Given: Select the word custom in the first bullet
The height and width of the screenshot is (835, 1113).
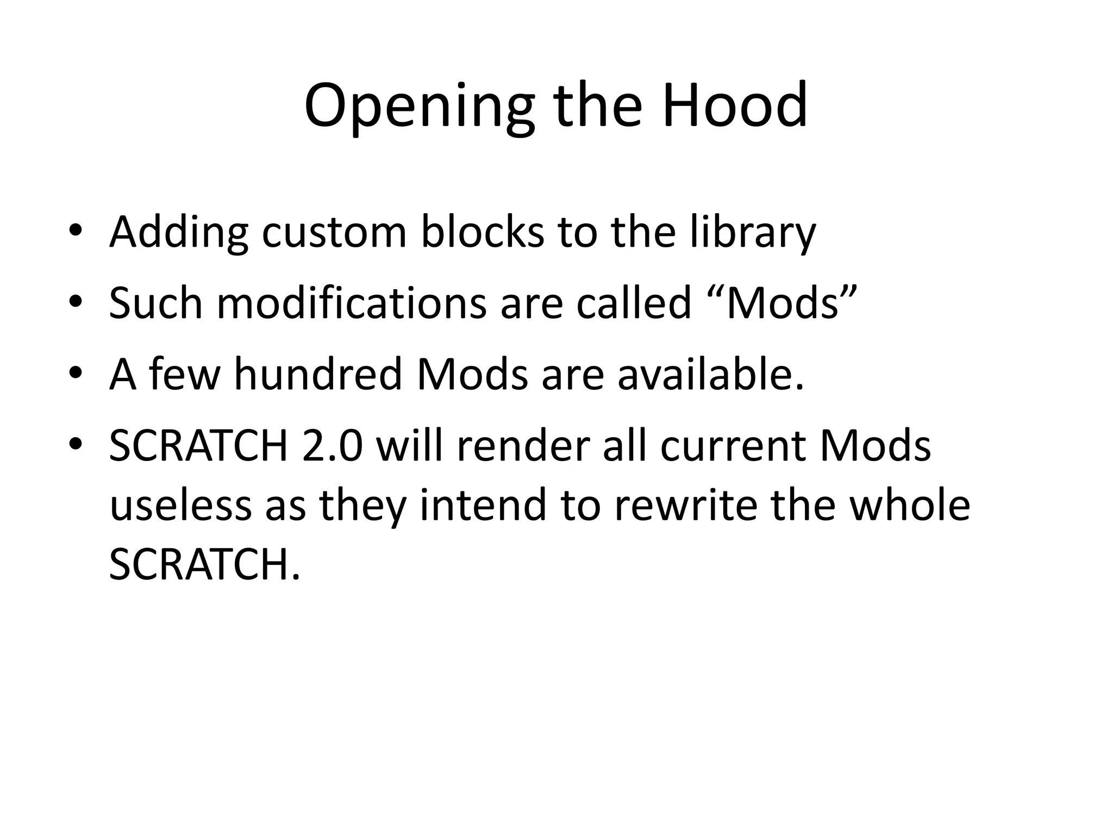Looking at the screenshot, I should tap(334, 232).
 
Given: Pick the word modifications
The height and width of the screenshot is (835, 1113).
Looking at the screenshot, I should tap(352, 303).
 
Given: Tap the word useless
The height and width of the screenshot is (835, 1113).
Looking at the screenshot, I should tap(180, 505).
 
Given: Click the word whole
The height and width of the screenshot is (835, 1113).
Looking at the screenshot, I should tap(909, 505).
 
